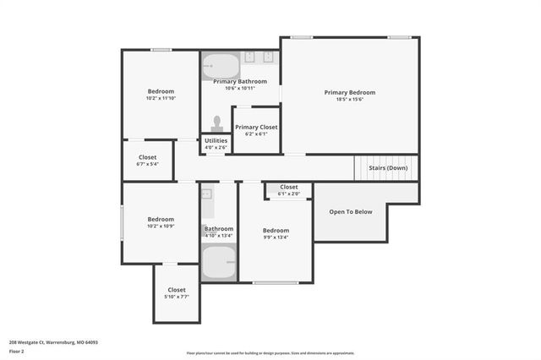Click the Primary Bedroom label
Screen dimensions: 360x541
point(349,92)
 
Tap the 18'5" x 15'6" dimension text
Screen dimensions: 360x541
point(349,100)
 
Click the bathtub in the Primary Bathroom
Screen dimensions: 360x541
point(221,65)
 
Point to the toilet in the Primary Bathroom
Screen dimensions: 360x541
point(217,124)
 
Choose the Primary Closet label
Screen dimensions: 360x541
point(256,127)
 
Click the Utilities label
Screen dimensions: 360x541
point(216,140)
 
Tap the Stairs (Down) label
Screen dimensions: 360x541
point(388,167)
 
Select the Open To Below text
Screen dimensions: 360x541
point(351,211)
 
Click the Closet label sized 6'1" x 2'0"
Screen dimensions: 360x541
point(289,187)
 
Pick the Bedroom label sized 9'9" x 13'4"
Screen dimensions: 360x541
point(276,230)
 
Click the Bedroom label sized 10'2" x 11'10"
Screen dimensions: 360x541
point(161,91)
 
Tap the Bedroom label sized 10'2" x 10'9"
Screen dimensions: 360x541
point(161,219)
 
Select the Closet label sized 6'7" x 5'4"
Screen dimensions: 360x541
point(148,156)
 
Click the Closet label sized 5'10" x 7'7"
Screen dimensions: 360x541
point(177,290)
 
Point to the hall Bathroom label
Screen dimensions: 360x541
point(218,228)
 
